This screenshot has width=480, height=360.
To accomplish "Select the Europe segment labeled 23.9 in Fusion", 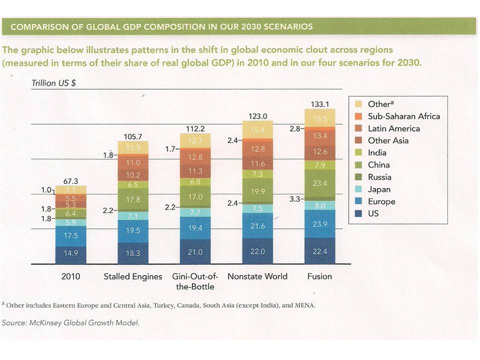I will (319, 223).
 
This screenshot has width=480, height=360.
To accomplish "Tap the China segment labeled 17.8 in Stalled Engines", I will (133, 199).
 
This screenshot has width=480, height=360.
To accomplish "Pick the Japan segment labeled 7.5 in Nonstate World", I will (257, 208).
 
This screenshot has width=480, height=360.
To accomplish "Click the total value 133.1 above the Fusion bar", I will (319, 104).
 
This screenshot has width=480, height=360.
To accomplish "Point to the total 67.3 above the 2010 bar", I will (70, 181).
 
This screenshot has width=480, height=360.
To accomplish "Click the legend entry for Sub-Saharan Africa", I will (403, 116).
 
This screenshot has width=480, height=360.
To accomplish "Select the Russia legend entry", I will (379, 177).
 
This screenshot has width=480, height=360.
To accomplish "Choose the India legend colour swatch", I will (358, 153).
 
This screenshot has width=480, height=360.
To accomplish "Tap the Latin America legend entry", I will (393, 128).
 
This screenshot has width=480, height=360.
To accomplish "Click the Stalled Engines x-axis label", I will (133, 276).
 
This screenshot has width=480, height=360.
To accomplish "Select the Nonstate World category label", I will (257, 276).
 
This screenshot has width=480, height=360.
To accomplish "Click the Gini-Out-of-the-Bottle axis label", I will (195, 281).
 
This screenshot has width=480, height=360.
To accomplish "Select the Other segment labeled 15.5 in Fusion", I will (319, 119).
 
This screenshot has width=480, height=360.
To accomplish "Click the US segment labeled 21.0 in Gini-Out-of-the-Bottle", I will (195, 252).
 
